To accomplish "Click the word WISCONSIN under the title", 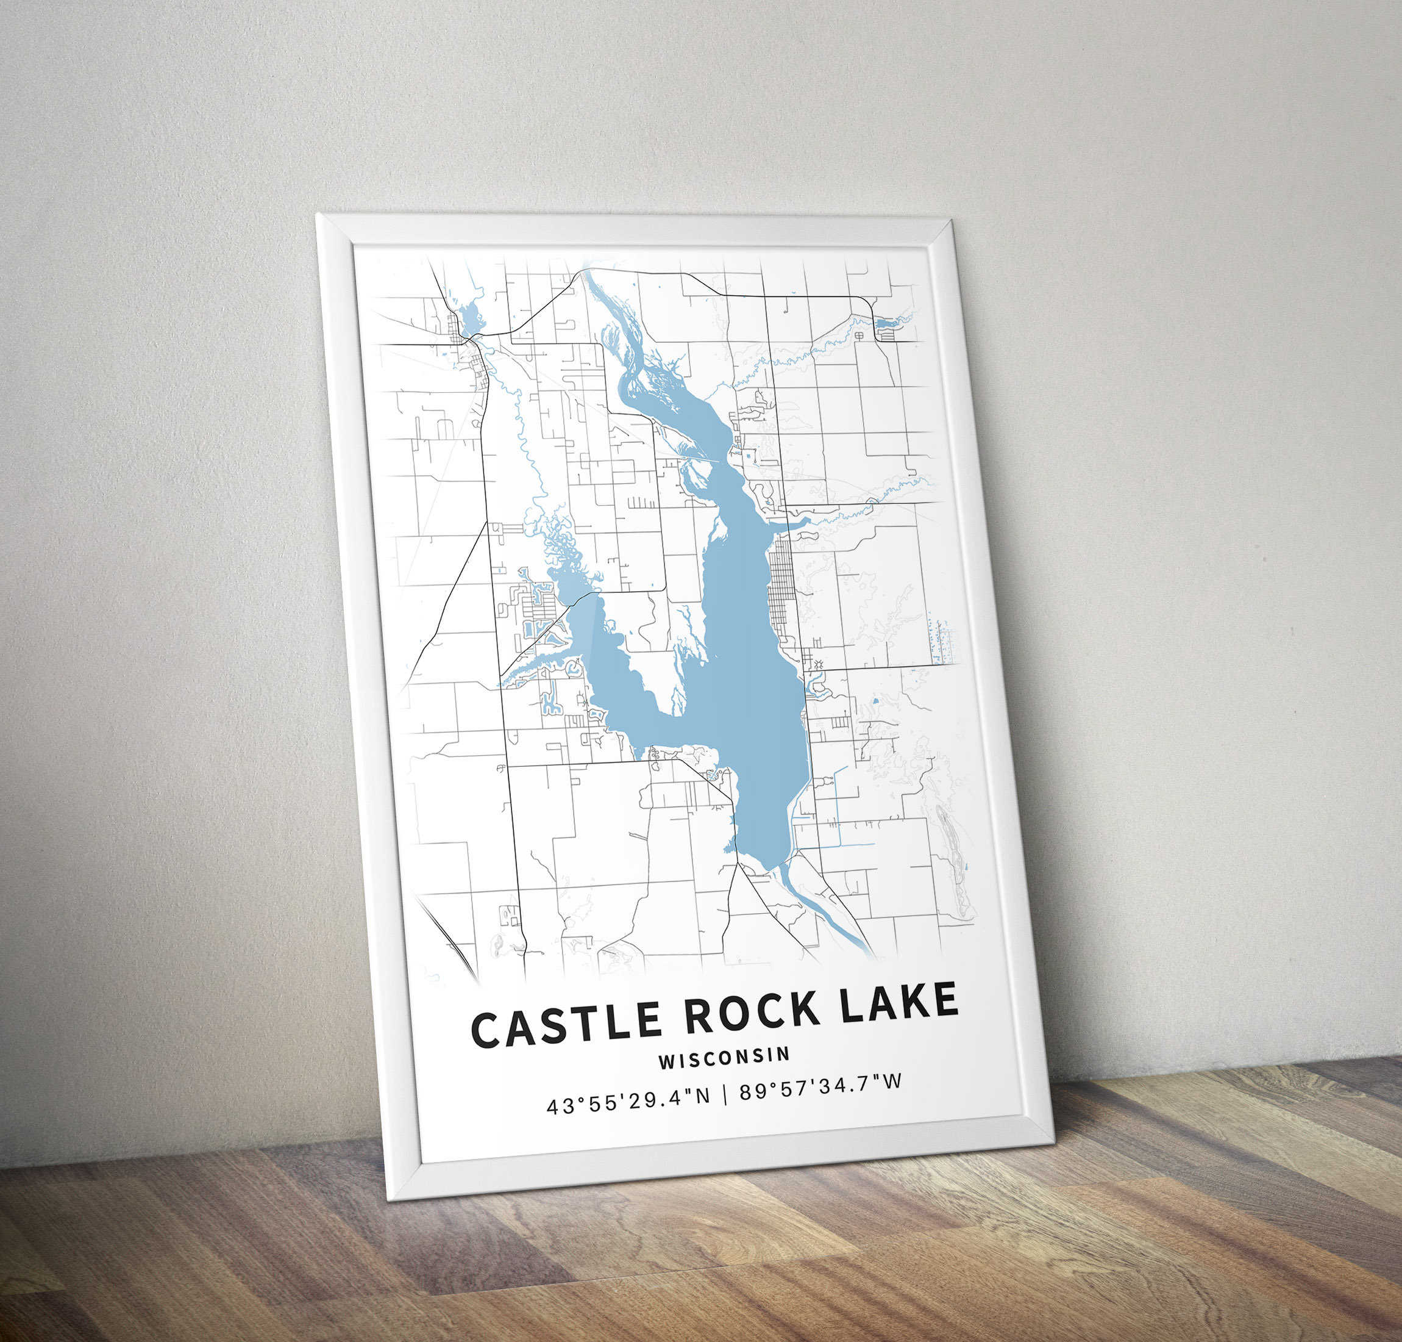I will pyautogui.click(x=724, y=1058).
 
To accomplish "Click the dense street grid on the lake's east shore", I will pyautogui.click(x=781, y=587).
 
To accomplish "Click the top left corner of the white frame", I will pyautogui.click(x=319, y=215).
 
